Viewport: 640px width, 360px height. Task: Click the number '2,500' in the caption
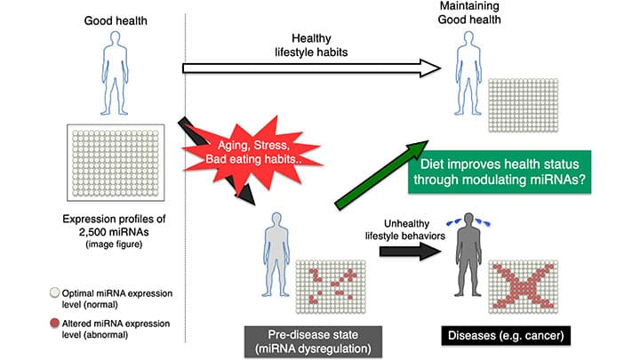pyautogui.click(x=87, y=232)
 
